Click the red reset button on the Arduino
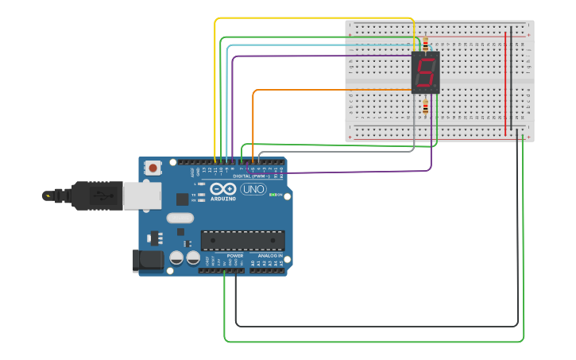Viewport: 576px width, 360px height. coord(153,168)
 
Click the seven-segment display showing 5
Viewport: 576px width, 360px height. coord(425,73)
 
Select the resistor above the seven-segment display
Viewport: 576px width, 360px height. coord(425,43)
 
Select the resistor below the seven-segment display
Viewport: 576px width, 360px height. coord(425,106)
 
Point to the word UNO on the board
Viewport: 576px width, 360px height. coord(253,189)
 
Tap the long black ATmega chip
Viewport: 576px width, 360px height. coord(242,239)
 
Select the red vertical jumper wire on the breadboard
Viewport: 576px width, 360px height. coord(505,79)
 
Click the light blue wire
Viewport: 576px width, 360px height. coord(318,45)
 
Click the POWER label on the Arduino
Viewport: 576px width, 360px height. coord(235,255)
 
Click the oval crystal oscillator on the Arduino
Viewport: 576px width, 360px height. coord(180,218)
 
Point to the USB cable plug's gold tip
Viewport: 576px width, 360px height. coord(48,195)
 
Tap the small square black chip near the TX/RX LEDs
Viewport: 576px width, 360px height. coord(183,199)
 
